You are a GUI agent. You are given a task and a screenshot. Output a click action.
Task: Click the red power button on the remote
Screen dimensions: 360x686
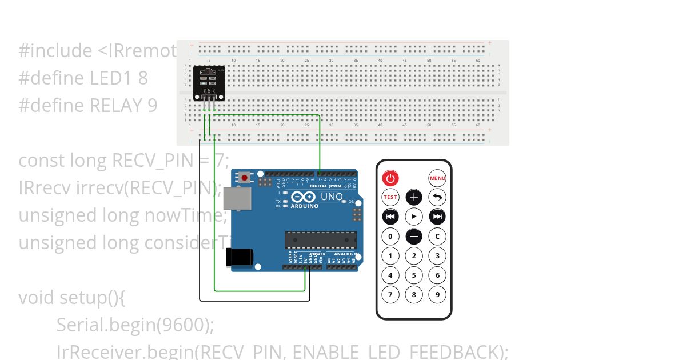pos(390,178)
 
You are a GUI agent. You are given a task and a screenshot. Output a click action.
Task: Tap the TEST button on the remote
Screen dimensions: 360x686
pos(390,197)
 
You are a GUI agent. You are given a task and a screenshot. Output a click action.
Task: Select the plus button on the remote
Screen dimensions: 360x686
pos(414,198)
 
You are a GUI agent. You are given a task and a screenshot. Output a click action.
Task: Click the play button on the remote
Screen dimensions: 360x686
pos(414,217)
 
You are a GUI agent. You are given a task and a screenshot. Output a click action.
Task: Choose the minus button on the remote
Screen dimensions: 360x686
pos(414,236)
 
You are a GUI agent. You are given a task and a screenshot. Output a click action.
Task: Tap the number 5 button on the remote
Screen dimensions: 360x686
pos(414,275)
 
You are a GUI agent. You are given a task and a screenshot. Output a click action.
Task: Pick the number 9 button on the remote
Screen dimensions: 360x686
pos(437,294)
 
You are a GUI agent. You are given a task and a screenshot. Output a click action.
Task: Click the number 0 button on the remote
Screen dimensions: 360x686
pos(390,236)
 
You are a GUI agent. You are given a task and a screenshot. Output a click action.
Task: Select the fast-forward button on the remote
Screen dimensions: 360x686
pos(437,217)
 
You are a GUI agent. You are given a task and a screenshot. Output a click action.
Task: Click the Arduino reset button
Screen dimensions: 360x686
pos(245,178)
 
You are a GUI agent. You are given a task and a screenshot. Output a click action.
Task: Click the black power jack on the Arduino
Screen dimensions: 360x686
pos(239,257)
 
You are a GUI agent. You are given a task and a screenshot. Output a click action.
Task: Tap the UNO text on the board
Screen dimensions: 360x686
pos(332,197)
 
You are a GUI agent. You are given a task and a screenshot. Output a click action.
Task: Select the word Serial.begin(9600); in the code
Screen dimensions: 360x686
pos(135,325)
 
